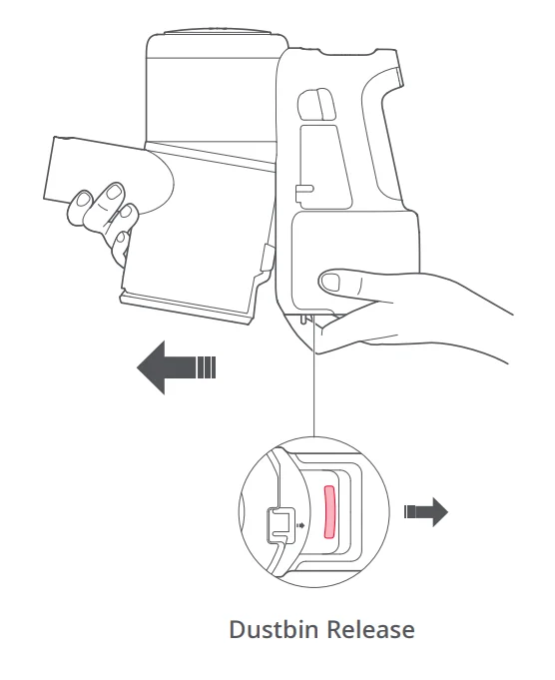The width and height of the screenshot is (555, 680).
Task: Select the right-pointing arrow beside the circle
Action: [427, 511]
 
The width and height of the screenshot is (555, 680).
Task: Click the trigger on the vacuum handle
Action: [312, 104]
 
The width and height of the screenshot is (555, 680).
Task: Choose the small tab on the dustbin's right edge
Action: [264, 258]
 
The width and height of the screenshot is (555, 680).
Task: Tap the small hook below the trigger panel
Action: [301, 187]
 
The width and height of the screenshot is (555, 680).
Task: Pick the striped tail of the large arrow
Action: [206, 366]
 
